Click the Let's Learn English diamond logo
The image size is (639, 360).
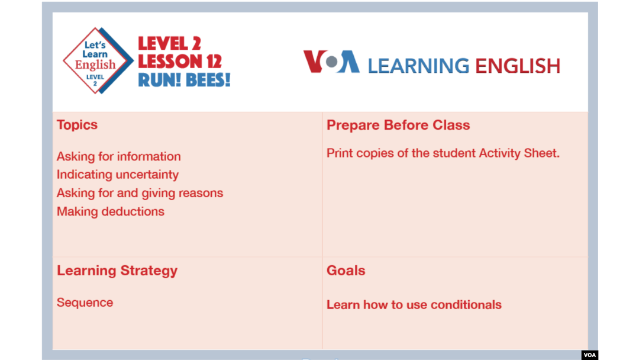98,61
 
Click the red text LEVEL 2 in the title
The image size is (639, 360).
170,44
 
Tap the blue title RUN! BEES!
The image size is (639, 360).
184,79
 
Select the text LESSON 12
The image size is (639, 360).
180,62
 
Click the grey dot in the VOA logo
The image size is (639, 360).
332,62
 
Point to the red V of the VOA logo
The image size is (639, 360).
314,61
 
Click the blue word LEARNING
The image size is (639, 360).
418,66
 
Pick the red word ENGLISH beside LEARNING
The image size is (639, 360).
518,66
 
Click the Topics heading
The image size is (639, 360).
77,125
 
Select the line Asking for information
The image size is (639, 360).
118,156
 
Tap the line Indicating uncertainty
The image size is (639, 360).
118,175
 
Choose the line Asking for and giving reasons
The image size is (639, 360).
140,193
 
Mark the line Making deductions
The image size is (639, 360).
111,211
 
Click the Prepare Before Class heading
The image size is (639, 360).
398,125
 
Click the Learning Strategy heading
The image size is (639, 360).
117,271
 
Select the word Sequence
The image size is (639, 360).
85,303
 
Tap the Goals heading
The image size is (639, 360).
346,271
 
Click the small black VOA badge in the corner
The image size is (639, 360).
590,355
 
